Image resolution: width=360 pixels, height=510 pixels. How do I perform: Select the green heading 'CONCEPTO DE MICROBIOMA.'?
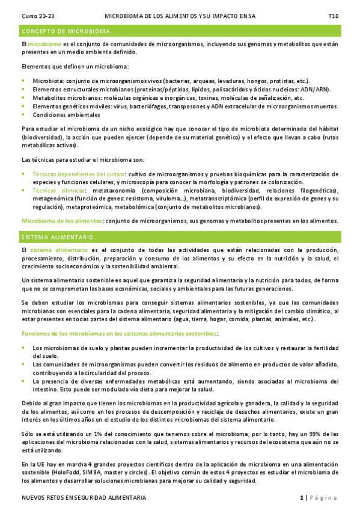(67, 31)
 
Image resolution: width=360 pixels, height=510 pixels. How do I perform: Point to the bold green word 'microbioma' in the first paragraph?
(44, 45)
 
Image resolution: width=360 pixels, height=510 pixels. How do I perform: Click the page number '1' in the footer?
(302, 498)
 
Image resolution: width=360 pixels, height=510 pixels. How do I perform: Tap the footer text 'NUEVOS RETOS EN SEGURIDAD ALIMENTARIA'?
(84, 498)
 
